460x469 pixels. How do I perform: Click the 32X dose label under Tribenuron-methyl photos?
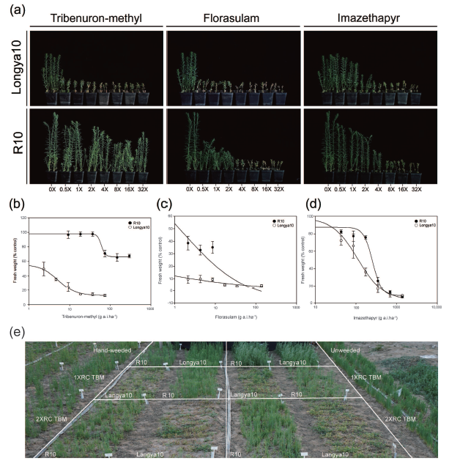pos(141,189)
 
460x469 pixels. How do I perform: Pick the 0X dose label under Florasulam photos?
pos(189,189)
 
